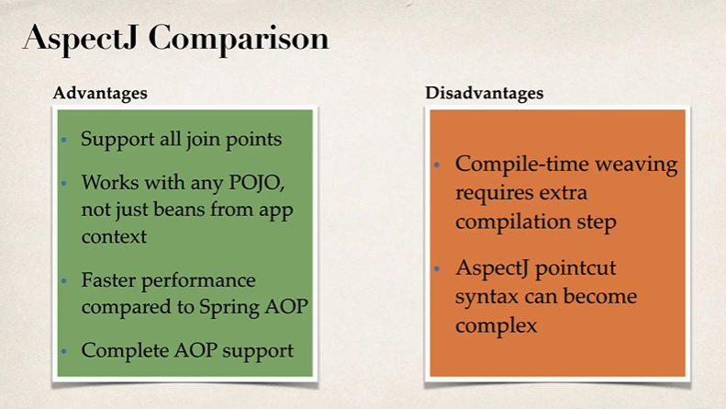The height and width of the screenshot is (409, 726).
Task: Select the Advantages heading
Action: point(100,93)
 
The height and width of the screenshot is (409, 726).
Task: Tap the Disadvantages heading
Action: point(484,93)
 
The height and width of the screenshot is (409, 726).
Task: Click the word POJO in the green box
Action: point(265,182)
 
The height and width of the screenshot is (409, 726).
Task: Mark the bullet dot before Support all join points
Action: point(64,141)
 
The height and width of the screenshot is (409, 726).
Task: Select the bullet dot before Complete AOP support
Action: point(64,351)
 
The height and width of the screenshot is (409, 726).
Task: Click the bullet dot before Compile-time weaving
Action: point(439,166)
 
